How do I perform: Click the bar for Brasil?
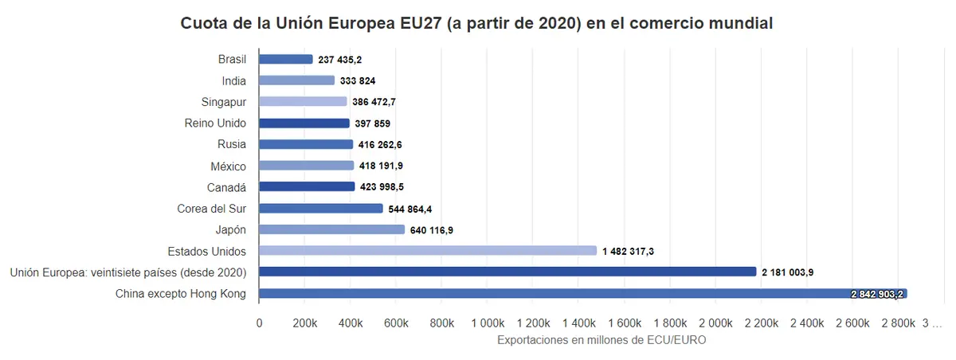pos(286,59)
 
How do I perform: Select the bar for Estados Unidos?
pos(428,251)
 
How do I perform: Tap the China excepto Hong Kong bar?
pos(582,294)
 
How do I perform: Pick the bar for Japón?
pos(332,229)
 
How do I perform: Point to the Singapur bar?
pos(303,102)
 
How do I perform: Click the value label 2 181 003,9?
pos(798,272)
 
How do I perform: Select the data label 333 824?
pos(357,80)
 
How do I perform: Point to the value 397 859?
pos(372,123)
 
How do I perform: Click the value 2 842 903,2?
pos(877,295)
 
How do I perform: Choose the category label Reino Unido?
pos(215,123)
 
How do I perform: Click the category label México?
pos(229,166)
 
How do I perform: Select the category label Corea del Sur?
pos(211,209)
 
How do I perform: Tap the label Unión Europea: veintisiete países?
pos(128,272)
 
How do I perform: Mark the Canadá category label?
pos(226,187)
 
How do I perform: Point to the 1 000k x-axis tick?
pos(488,323)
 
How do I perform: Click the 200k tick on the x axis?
pos(304,323)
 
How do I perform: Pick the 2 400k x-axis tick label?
pos(808,323)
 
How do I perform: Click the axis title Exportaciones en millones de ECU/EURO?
pos(601,340)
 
